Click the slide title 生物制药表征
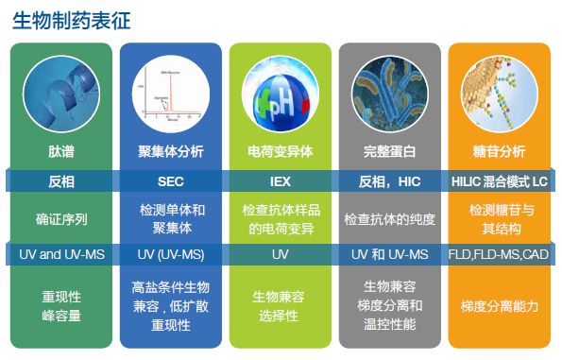coord(72,19)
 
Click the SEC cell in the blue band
coord(171,180)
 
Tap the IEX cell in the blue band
coord(280,180)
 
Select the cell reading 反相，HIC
coord(390,180)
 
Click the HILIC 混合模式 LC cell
coord(501,180)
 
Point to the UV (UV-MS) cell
coord(171,255)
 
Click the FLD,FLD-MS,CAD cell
coord(501,255)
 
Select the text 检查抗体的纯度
coord(390,218)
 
